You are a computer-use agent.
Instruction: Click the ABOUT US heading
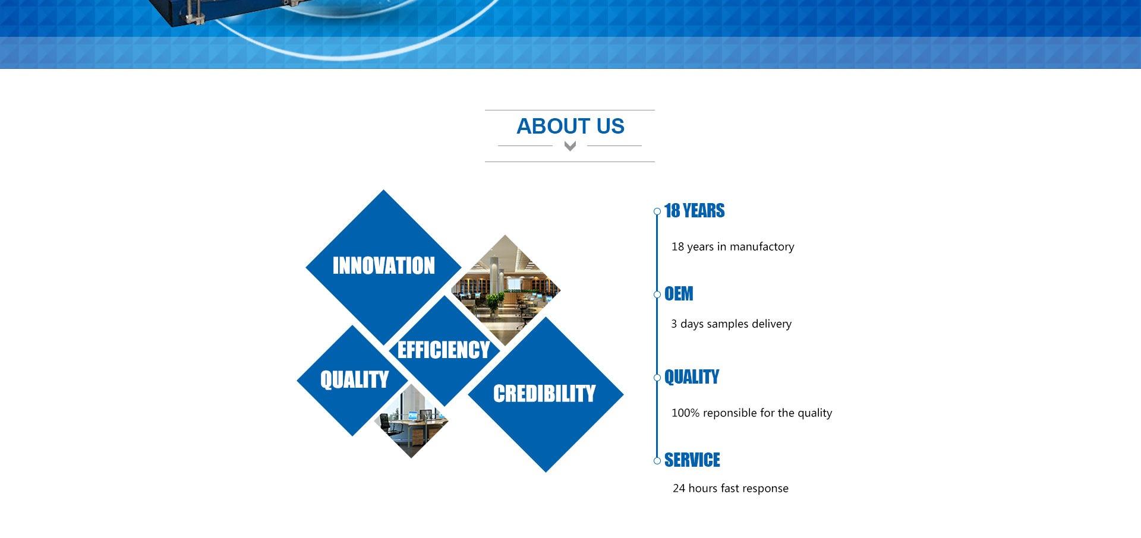[570, 126]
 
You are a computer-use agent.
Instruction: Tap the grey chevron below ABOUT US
[570, 146]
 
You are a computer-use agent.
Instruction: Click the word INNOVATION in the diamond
[384, 265]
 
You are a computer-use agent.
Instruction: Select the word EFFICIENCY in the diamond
[444, 350]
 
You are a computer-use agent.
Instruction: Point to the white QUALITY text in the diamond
[354, 379]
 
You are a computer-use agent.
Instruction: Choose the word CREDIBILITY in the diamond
[544, 393]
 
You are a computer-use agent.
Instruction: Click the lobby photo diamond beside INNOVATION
[506, 290]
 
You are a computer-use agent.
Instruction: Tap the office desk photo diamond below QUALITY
[411, 420]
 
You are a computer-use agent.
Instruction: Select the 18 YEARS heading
[695, 211]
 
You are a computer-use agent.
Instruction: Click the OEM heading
[679, 294]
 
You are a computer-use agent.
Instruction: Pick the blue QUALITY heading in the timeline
[692, 377]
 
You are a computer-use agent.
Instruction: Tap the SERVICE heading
[692, 460]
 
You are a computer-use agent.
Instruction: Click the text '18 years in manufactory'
[733, 246]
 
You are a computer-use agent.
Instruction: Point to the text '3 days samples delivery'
[732, 324]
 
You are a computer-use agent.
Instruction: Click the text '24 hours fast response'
[730, 488]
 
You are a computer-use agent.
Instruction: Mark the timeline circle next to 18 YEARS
[657, 211]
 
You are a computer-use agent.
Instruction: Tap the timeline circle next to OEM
[657, 295]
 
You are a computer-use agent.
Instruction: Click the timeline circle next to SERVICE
[657, 461]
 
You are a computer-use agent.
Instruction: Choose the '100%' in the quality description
[685, 413]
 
